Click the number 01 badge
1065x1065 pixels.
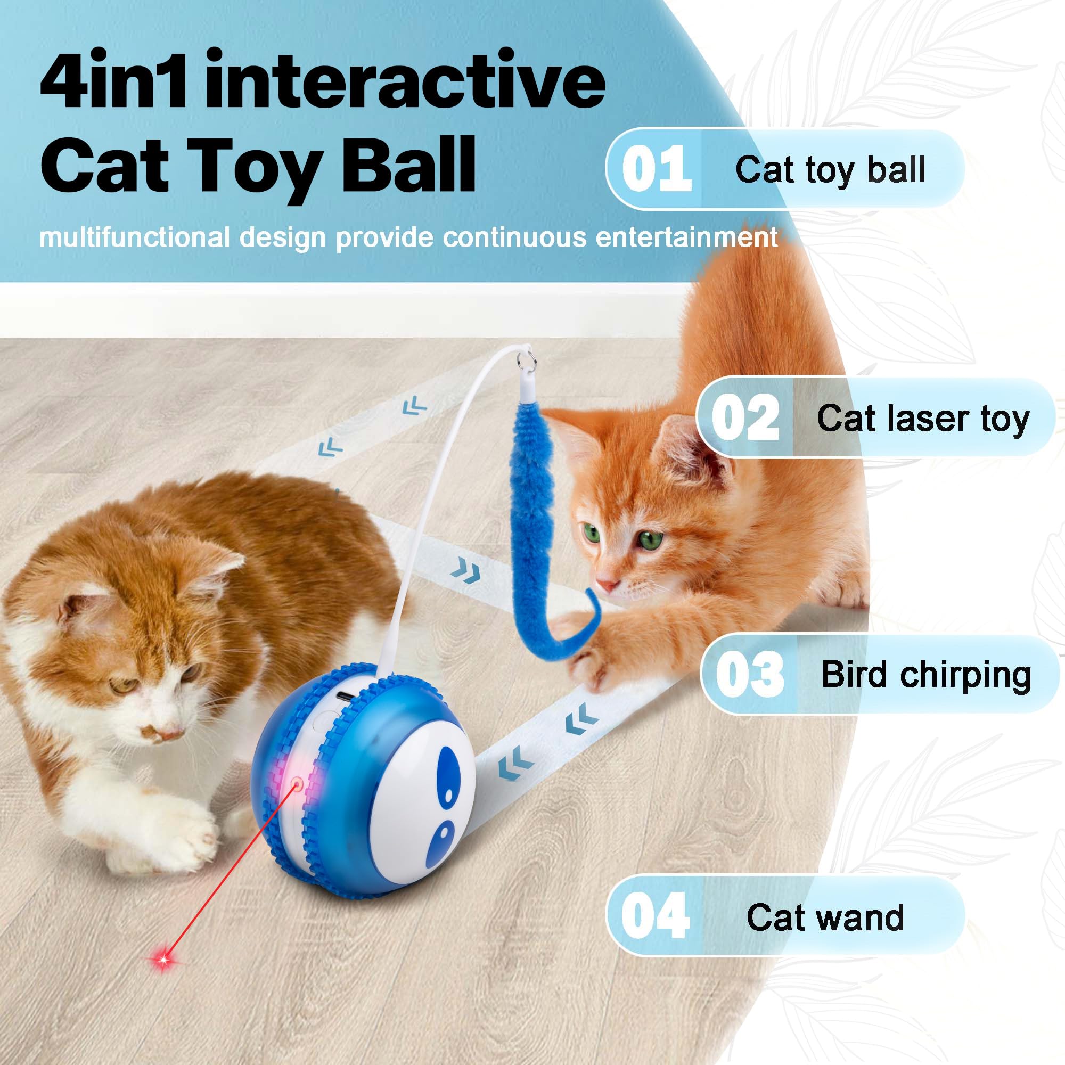(x=656, y=169)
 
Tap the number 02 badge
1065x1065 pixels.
(x=745, y=417)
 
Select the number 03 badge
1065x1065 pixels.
(x=749, y=674)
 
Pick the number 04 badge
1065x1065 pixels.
(x=656, y=916)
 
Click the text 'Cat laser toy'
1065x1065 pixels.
(x=923, y=419)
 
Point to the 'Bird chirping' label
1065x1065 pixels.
(x=925, y=675)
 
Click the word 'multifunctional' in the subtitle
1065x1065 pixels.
(x=135, y=237)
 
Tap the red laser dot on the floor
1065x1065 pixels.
(x=163, y=960)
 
